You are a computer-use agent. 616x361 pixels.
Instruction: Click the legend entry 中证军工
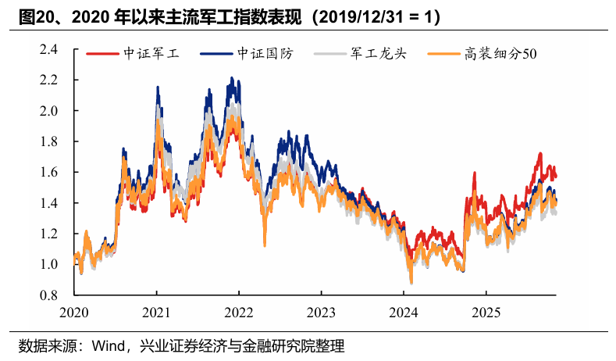click(151, 54)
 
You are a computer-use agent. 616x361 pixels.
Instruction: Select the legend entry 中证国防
click(265, 54)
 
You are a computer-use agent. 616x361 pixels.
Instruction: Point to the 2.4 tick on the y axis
click(49, 49)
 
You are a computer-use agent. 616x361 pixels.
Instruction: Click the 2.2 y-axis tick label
click(49, 80)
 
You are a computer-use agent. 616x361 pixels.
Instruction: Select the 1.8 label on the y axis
click(49, 141)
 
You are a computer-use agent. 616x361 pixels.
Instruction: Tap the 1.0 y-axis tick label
click(49, 264)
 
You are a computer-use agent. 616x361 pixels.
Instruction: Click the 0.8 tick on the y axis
click(49, 295)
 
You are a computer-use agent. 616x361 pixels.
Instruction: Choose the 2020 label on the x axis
click(74, 312)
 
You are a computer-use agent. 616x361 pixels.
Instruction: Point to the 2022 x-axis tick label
click(239, 312)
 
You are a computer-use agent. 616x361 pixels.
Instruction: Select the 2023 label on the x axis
click(321, 312)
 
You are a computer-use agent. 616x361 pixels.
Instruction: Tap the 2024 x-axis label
click(403, 312)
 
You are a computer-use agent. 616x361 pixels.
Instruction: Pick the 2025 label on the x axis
click(485, 312)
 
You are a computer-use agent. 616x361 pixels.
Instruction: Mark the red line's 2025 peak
click(540, 154)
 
